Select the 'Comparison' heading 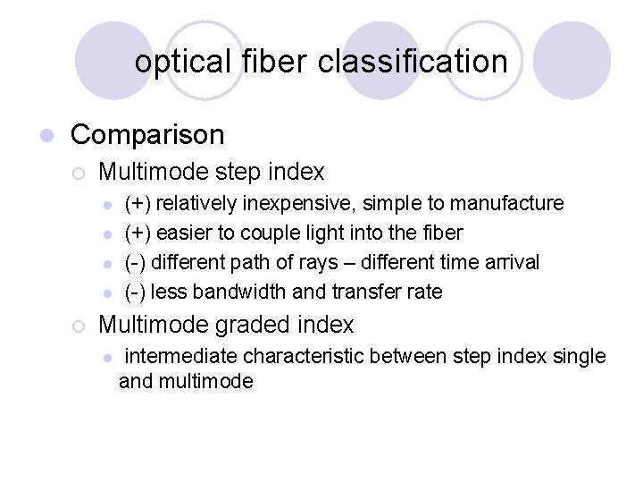147,135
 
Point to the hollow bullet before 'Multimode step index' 79,172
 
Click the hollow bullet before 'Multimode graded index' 79,326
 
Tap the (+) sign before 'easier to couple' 137,233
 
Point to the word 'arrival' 508,263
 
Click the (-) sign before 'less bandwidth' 135,292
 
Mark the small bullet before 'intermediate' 106,358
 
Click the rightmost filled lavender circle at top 577,61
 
